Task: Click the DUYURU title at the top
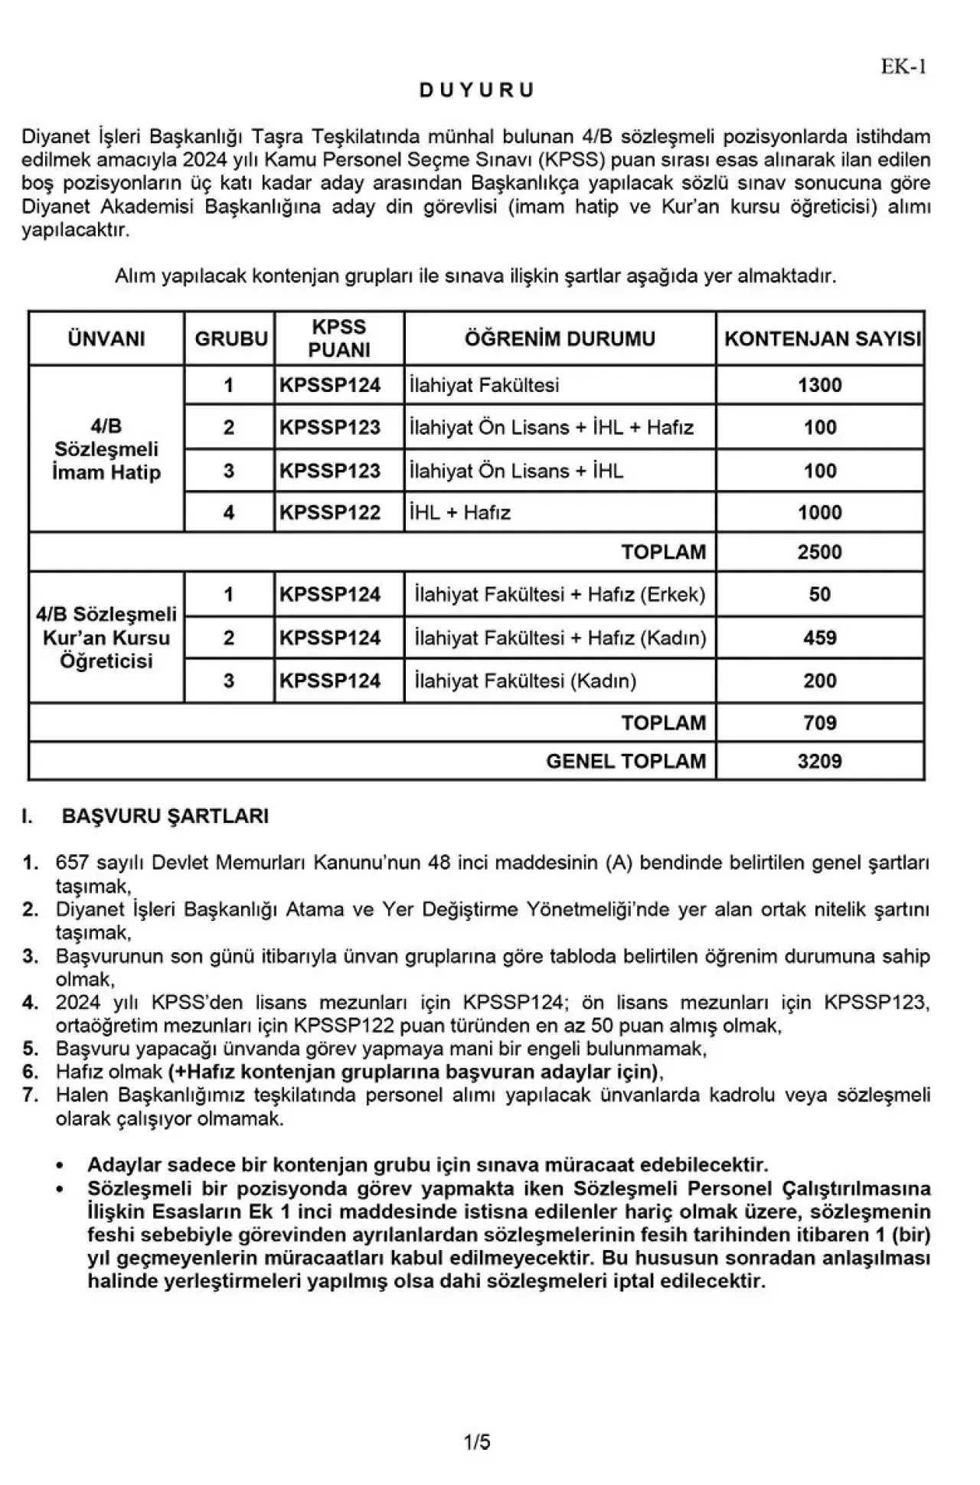pos(476,90)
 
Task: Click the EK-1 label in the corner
pos(903,67)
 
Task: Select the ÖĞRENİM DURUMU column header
pos(560,338)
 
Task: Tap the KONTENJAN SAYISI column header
pos(822,338)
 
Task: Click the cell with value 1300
pos(819,385)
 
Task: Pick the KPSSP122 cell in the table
pos(330,512)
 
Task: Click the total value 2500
pos(819,552)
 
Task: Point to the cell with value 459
pos(819,638)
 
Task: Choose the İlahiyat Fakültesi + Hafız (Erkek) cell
pos(560,595)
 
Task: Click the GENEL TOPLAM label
pos(626,761)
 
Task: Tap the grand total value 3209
pos(819,761)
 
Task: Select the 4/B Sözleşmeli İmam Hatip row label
pos(106,449)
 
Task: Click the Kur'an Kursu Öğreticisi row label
pos(106,638)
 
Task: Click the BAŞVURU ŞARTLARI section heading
pos(165,816)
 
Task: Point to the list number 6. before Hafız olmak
pos(31,1072)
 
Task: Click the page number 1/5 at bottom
pos(477,1443)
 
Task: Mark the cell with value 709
pos(819,723)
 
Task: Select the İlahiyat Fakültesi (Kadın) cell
pos(525,680)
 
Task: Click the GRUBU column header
pos(230,338)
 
